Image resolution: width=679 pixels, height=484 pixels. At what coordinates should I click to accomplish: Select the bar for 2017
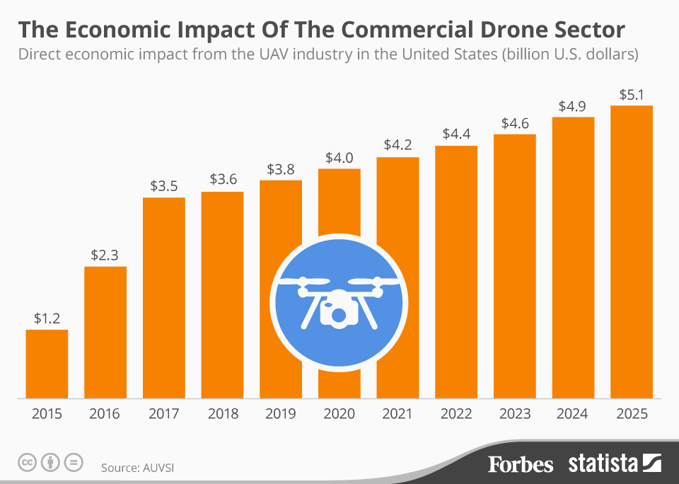pos(164,297)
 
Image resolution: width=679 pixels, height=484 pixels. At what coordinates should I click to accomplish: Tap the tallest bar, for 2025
pos(631,251)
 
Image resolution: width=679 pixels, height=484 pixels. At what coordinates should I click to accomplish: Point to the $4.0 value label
pos(339,158)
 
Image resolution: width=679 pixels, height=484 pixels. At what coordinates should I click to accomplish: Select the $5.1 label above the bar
pos(631,94)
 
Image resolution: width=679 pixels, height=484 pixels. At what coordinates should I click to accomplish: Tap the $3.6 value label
pos(223,180)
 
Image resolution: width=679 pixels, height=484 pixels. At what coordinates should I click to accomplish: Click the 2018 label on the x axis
pos(223,414)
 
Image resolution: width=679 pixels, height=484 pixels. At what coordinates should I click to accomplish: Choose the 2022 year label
pos(456,414)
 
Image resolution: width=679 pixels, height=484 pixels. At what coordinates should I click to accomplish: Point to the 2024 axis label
pos(573,414)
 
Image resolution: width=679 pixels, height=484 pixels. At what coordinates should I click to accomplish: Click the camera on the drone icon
pos(337,311)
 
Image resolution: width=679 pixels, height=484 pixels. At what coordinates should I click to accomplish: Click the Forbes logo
pos(521,464)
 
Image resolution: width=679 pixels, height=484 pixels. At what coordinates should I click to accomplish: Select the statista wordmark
pos(603,464)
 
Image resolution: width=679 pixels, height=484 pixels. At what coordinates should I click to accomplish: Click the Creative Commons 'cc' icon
pos(28,463)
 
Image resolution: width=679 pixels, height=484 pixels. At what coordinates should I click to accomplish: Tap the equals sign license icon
pos(73,463)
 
